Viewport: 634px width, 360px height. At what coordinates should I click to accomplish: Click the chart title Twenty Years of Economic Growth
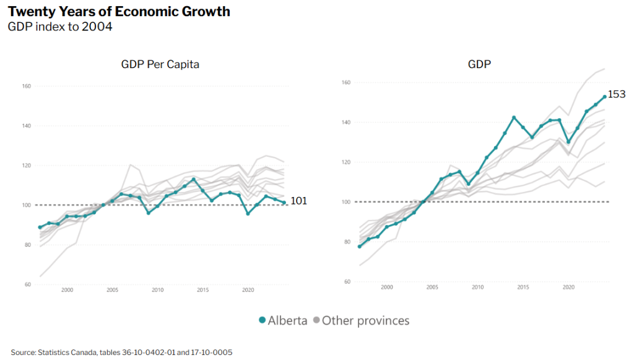coord(119,11)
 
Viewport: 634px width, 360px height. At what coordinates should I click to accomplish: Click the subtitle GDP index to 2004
coord(60,27)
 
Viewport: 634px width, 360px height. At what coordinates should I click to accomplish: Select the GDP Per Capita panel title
coord(160,64)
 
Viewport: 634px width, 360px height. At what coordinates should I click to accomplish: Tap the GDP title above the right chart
coord(479,64)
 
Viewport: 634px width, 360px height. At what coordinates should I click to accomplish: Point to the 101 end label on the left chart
coord(298,201)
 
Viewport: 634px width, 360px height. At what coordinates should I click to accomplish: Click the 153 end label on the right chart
coord(617,95)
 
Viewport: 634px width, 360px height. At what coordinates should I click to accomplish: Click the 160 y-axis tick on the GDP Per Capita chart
coord(26,86)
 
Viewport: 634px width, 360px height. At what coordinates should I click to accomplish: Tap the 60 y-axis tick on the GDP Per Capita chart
coord(28,284)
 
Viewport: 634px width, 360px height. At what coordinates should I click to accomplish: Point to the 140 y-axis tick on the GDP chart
coord(347,122)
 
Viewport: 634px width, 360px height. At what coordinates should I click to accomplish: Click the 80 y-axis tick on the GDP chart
coord(348,242)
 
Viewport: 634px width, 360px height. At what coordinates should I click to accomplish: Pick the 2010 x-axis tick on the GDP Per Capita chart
coord(157,290)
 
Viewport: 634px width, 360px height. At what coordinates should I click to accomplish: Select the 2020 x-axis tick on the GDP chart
coord(568,287)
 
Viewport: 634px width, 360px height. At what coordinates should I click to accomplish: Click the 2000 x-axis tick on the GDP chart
coord(386,287)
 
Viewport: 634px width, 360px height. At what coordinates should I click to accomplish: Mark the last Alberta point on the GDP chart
coord(604,97)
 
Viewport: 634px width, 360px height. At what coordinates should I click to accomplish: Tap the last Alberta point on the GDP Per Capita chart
coord(284,203)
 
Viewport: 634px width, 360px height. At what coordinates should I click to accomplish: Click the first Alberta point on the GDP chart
coord(359,247)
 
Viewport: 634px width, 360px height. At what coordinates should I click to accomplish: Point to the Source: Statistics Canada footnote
coord(121,352)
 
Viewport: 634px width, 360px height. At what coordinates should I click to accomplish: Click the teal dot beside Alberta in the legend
coord(263,320)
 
